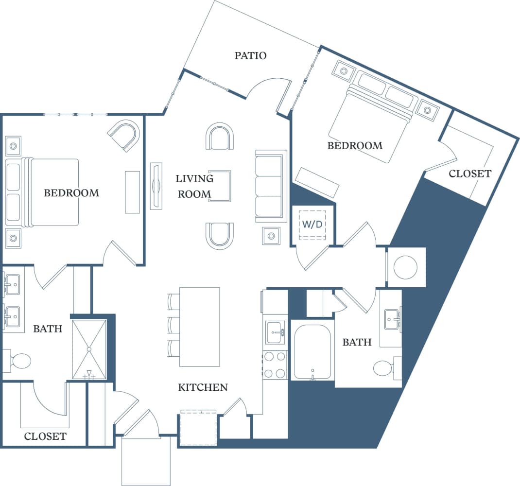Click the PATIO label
point(250,55)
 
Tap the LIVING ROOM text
point(194,186)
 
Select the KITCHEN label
point(203,387)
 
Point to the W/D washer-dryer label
point(312,224)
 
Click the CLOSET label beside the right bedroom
point(469,174)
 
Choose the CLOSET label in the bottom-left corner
point(45,436)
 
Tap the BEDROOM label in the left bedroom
point(71,193)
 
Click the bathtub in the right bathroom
point(312,352)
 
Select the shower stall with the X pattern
point(89,349)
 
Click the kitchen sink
point(275,332)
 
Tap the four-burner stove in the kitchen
point(275,365)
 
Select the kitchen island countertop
point(199,327)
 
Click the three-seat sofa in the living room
point(270,186)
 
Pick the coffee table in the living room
point(221,186)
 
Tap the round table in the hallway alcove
point(405,267)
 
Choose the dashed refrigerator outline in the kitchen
point(198,428)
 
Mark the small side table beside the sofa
point(271,236)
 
